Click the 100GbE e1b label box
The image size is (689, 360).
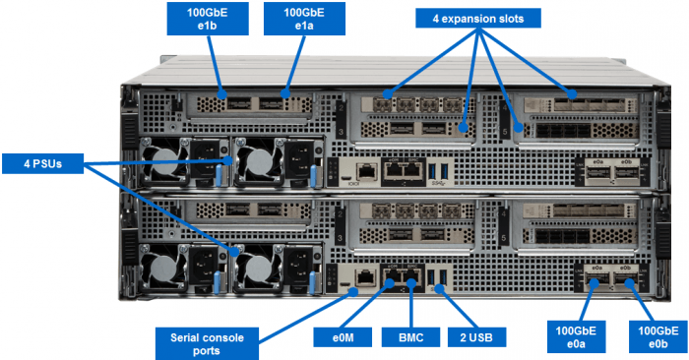coord(208,19)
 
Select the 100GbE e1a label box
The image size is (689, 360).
coord(304,19)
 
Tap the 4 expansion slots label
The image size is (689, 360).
coord(478,19)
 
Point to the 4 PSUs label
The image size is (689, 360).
coord(42,163)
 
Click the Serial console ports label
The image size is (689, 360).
coord(207,343)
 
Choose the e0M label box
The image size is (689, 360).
coord(343,337)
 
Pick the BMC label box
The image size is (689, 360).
coord(410,337)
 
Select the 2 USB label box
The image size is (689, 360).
coord(476,337)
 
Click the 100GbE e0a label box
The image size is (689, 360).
coord(576,336)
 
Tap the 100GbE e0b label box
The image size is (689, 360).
coord(658,336)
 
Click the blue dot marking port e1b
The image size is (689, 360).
coord(221,94)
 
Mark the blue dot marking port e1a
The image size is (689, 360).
coord(285,93)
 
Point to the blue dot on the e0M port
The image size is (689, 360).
coord(390,283)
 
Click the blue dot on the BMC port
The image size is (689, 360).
coord(411,282)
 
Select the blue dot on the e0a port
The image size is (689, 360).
coord(595,283)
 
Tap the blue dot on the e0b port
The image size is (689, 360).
coord(629,283)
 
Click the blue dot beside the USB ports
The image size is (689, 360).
coord(440,288)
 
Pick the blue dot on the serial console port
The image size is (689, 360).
coord(352,290)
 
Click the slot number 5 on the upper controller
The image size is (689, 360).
coord(505,131)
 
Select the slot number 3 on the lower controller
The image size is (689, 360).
coord(341,238)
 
